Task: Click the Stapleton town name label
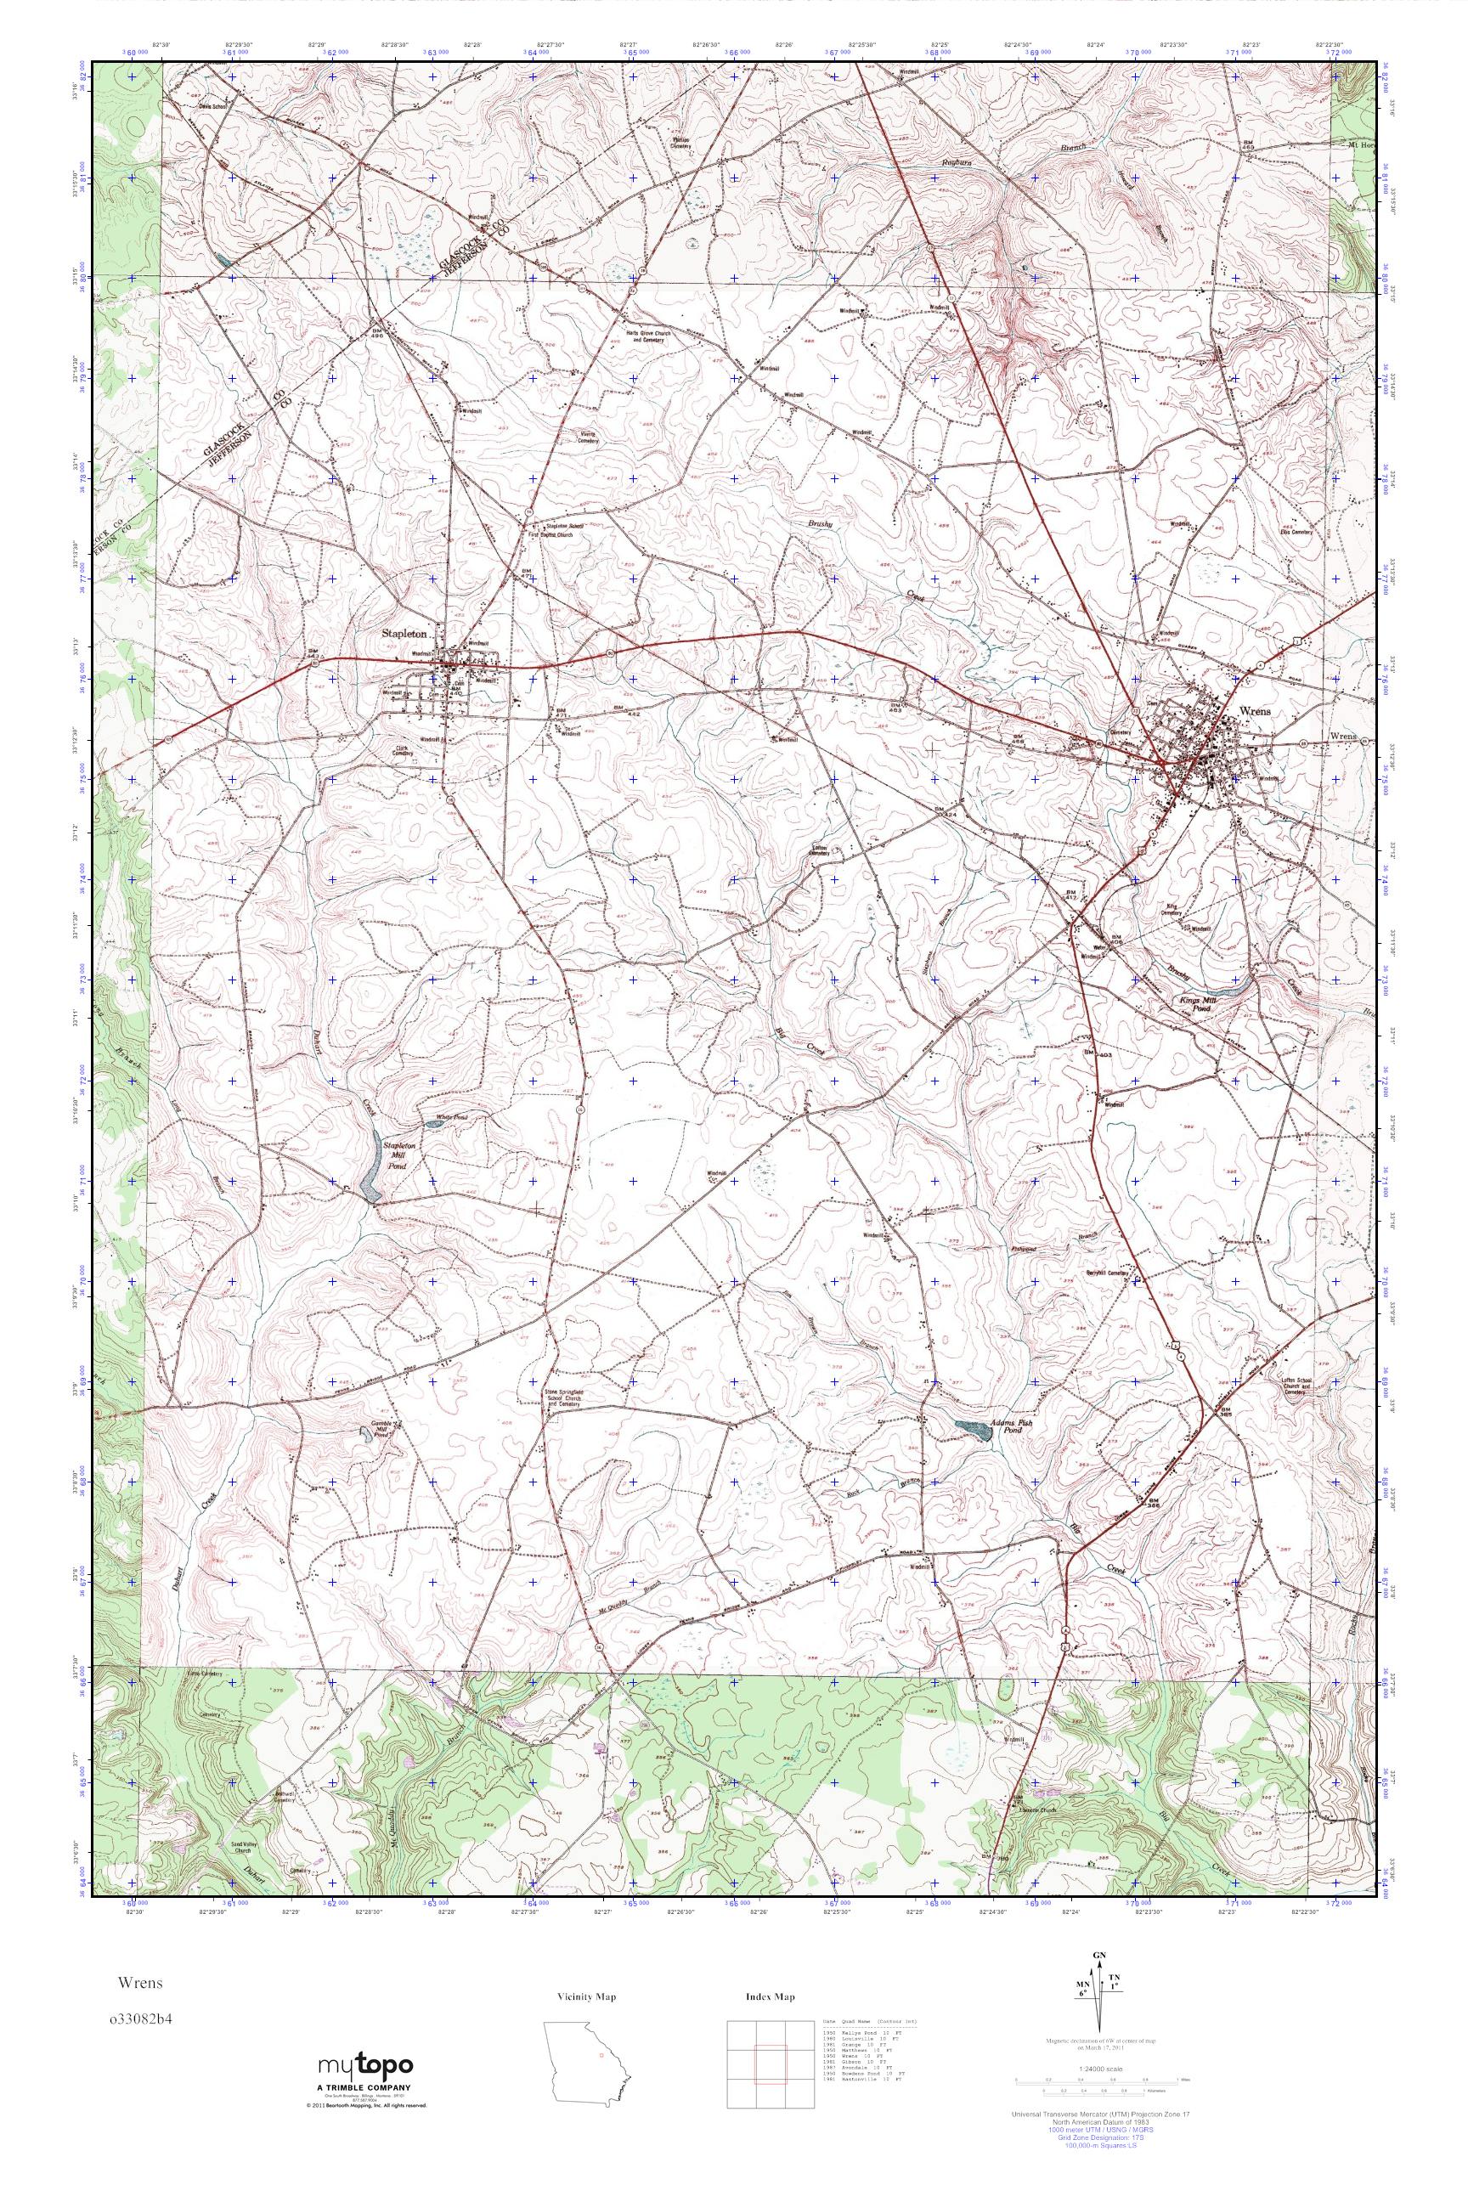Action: tap(404, 634)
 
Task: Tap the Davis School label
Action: tap(212, 106)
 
